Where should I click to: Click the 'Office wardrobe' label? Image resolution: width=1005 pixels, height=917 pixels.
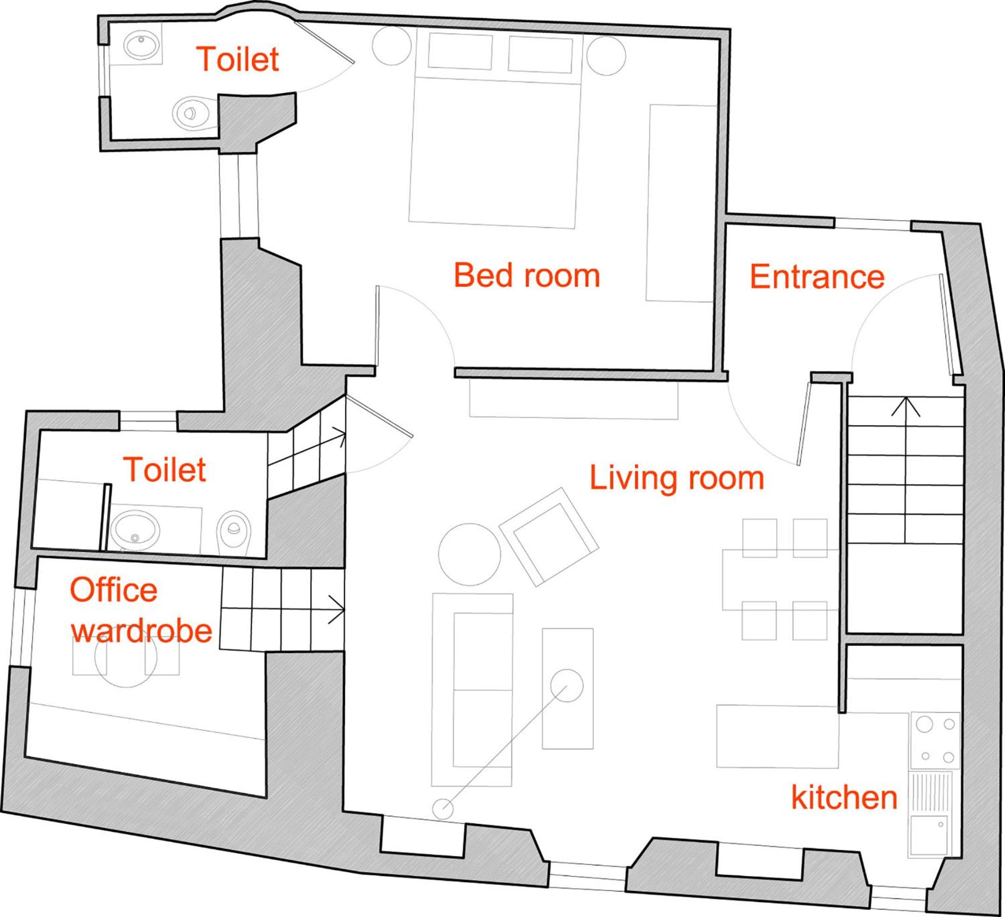point(141,611)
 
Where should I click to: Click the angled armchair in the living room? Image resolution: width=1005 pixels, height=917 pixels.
point(549,537)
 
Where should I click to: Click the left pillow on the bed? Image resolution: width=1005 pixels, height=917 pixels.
point(460,51)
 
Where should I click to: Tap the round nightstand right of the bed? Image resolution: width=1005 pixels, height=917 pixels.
point(606,56)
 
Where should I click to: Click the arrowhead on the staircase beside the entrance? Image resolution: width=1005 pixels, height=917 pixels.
point(905,407)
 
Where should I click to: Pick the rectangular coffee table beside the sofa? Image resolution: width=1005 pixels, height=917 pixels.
point(568,688)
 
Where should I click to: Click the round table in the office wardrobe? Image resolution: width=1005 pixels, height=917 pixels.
point(126,656)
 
